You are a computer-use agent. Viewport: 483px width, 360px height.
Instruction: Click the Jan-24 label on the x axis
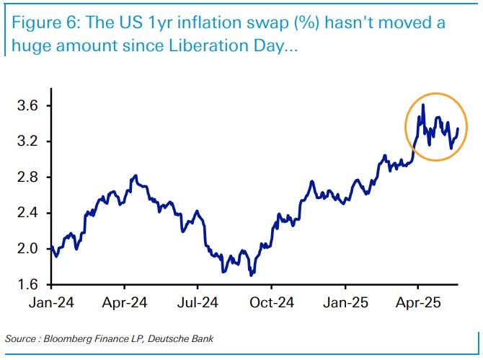51,302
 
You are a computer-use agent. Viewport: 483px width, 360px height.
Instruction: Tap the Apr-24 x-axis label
125,302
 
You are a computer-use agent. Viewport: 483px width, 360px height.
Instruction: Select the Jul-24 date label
198,302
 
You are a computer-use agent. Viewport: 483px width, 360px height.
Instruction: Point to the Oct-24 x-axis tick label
272,302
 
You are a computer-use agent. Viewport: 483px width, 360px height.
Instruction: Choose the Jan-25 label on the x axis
345,302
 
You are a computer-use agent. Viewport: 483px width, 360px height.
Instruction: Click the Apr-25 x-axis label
419,302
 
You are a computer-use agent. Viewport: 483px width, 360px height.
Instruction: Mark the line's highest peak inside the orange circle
422,105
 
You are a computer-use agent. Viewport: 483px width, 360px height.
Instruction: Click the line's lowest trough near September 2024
250,275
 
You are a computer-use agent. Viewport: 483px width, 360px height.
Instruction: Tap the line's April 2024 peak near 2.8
135,175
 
